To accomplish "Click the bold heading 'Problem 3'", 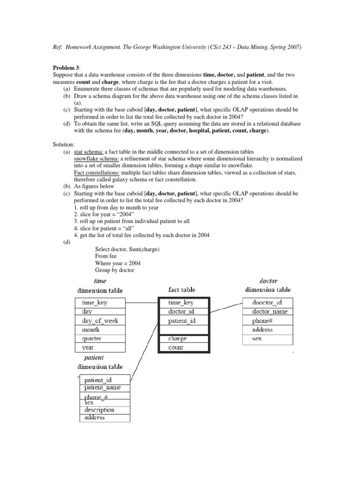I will click(x=67, y=67).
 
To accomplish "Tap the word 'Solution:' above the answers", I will click(x=63, y=145).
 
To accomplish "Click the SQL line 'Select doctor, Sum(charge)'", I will click(x=127, y=249).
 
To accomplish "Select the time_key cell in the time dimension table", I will click(x=100, y=303).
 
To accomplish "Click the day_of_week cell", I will click(x=100, y=321).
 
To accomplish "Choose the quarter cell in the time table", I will click(x=100, y=338).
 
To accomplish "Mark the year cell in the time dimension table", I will click(x=100, y=347).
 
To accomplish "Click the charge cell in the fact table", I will click(x=184, y=338).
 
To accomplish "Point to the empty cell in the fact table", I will click(x=184, y=330).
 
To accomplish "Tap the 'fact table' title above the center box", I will click(x=182, y=290).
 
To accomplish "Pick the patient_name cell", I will click(x=106, y=388).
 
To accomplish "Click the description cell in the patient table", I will click(x=106, y=410).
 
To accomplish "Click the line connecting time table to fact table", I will click(x=142, y=303).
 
